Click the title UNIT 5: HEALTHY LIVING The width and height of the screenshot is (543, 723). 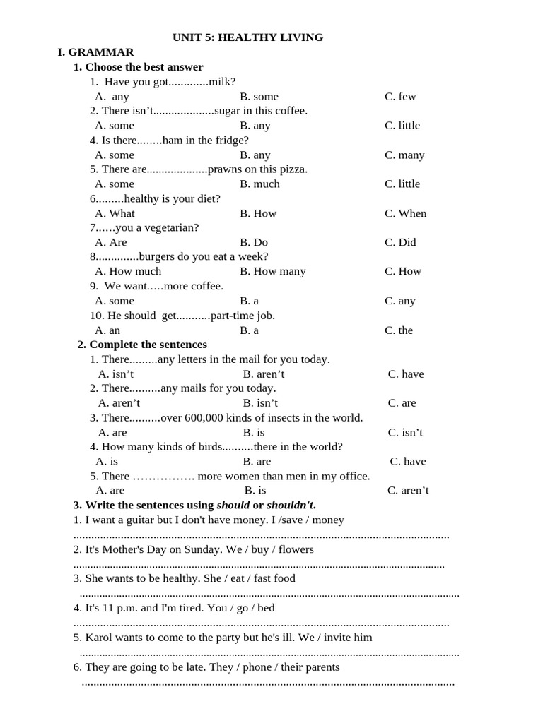click(x=248, y=37)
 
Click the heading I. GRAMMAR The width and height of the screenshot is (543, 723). click(x=95, y=52)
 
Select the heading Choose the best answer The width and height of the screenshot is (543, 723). click(x=144, y=67)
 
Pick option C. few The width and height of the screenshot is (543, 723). click(x=400, y=97)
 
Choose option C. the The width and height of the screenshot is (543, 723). click(x=399, y=330)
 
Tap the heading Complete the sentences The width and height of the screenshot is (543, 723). click(x=148, y=345)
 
